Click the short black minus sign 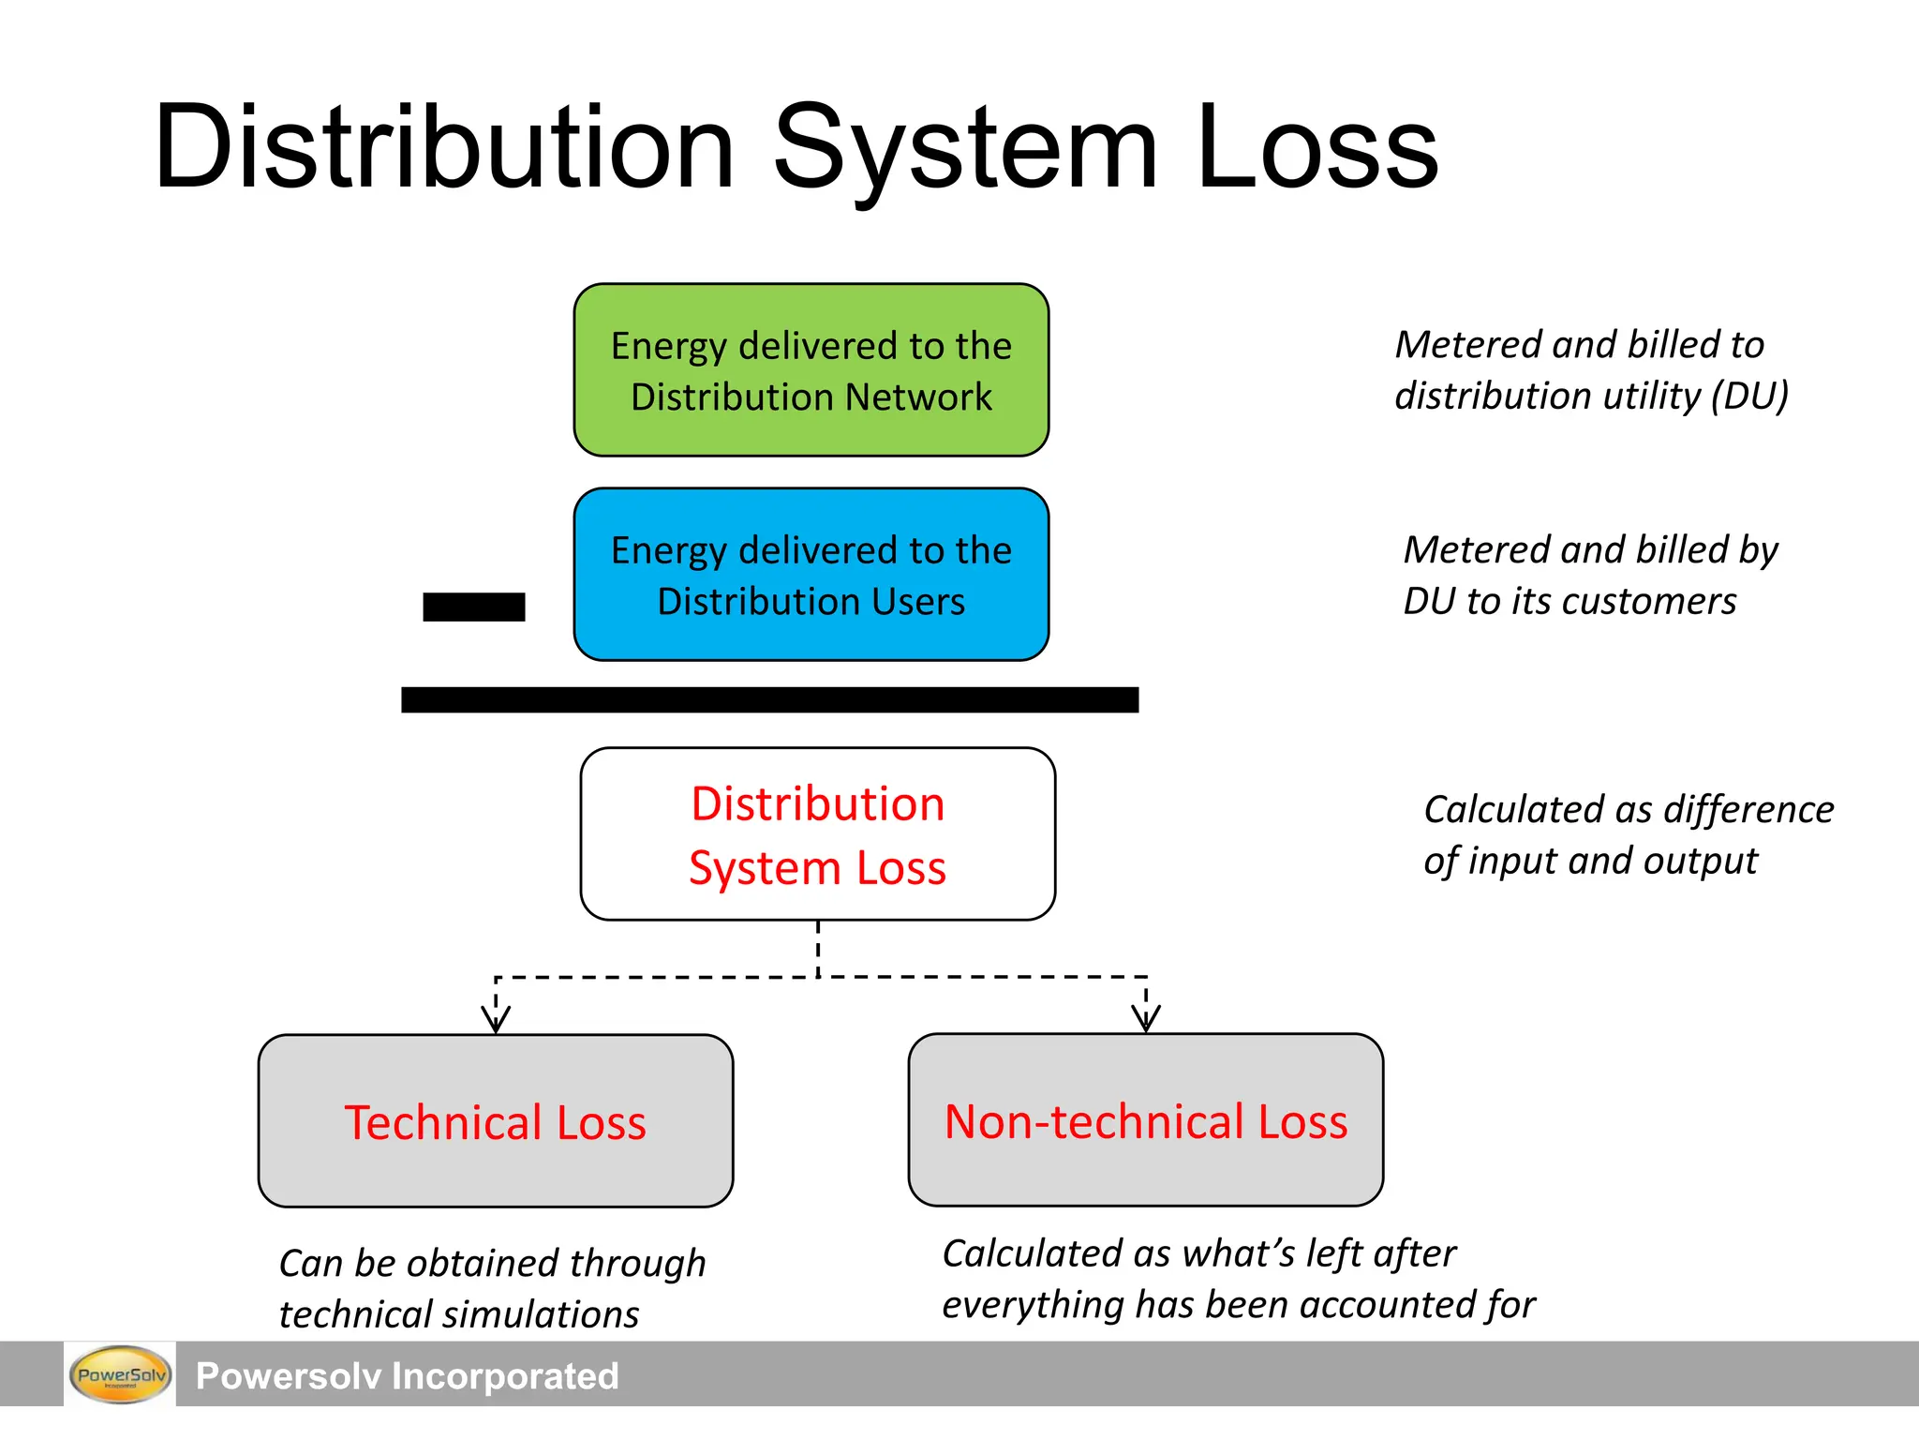473,607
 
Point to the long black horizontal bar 769,699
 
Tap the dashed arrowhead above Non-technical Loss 1146,1018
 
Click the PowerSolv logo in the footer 120,1375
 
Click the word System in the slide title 965,150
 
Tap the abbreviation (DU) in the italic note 1749,396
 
